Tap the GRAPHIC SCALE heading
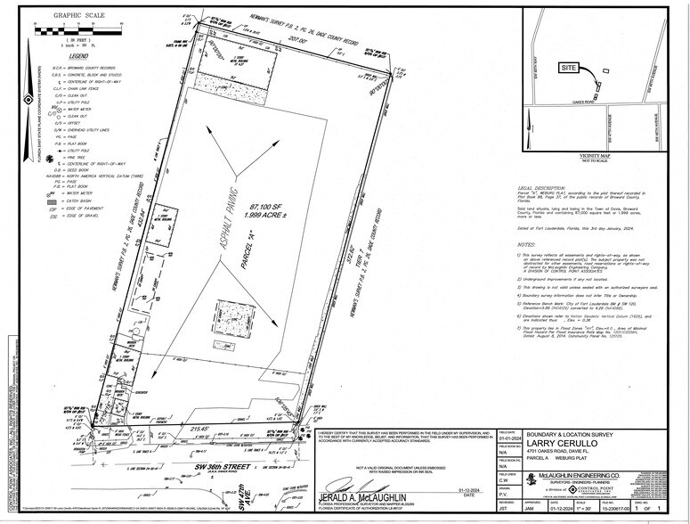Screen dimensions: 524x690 click(78, 15)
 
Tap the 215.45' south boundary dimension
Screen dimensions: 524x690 click(206, 429)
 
